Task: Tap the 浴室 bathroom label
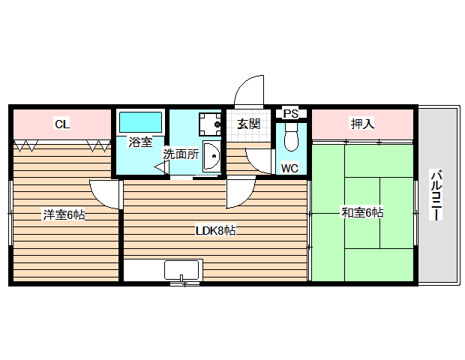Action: point(140,142)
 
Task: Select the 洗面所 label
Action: point(181,154)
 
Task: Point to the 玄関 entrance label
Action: point(248,124)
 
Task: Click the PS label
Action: point(291,114)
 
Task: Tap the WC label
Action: point(289,168)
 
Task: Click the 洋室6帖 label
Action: point(64,214)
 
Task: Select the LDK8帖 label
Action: point(216,231)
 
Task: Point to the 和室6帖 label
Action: point(362,213)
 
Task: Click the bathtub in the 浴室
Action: point(141,121)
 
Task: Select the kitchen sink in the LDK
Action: point(181,271)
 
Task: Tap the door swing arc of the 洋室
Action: point(106,193)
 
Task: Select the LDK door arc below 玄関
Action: point(240,193)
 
